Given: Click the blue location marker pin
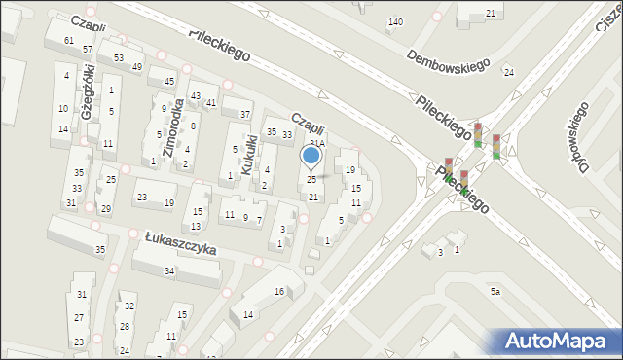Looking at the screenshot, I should coord(311,156).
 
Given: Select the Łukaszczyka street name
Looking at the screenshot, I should coord(180,242).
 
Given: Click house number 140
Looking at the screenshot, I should coord(395,21).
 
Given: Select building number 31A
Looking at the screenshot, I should coord(317,143).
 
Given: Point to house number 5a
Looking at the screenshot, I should coord(495,291).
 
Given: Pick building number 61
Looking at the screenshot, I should coord(69,40).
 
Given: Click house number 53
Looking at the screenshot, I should coord(118,58).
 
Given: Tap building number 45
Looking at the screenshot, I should coord(169,81).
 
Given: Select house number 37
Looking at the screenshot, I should coord(245,114).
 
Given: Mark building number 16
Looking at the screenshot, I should coord(279,292).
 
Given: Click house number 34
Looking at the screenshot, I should coord(169,270).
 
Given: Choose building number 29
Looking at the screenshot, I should coord(106,209).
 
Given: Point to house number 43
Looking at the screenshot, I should coord(195,94).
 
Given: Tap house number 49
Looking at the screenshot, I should coord(138,66).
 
